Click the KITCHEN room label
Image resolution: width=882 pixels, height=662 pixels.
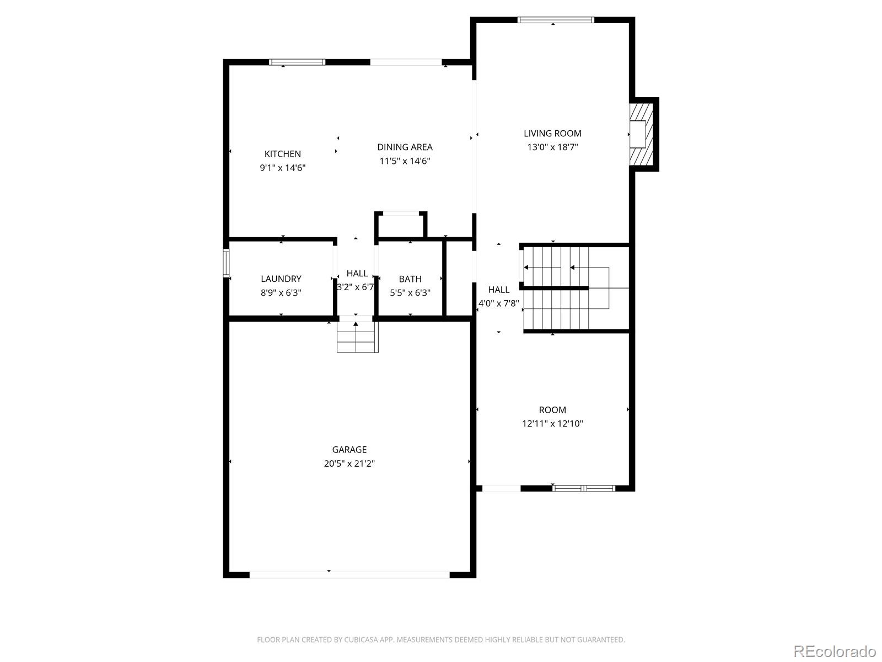[x=283, y=154]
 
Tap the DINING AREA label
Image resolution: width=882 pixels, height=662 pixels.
[x=405, y=147]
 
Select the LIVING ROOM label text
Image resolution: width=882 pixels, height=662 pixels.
[x=552, y=133]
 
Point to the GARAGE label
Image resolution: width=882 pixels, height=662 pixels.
[x=349, y=450]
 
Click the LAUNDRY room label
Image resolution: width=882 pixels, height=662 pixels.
[x=281, y=279]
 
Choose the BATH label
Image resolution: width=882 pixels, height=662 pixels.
[x=410, y=279]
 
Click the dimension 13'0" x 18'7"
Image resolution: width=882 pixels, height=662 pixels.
[x=552, y=147]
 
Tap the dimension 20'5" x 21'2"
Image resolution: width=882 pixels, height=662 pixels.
[x=349, y=464]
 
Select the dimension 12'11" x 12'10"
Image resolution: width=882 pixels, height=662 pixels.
[x=552, y=424]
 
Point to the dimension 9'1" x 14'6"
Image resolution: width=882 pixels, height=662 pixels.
[x=283, y=168]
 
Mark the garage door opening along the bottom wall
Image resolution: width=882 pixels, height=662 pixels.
[x=349, y=575]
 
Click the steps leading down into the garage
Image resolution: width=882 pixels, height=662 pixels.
[x=357, y=337]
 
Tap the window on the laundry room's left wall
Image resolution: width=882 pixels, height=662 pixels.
[x=225, y=263]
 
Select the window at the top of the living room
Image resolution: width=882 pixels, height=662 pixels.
[x=556, y=20]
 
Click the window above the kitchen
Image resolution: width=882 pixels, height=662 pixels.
[x=297, y=62]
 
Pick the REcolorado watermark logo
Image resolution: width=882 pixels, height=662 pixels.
[x=835, y=651]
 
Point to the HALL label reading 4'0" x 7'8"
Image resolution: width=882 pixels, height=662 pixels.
[x=499, y=290]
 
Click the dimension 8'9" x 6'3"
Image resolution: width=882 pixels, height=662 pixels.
[x=281, y=293]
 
